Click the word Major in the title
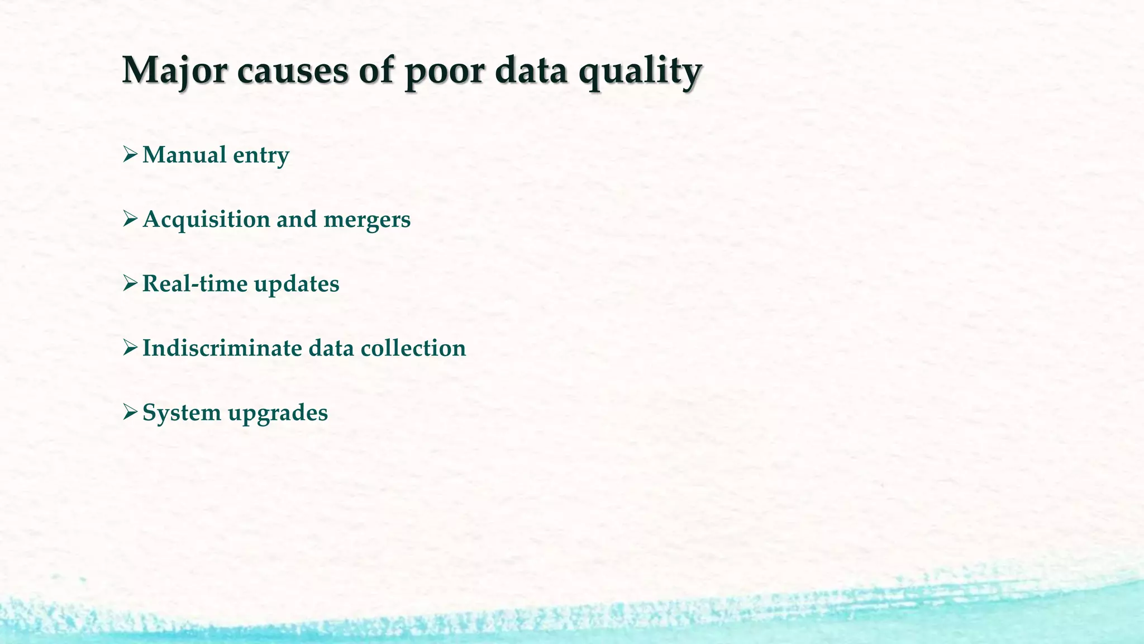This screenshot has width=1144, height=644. pyautogui.click(x=174, y=71)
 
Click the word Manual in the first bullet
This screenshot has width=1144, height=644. pyautogui.click(x=184, y=155)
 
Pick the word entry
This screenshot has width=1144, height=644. pyautogui.click(x=261, y=155)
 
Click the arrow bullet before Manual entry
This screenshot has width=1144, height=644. pyautogui.click(x=130, y=154)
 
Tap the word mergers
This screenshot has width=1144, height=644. pyautogui.click(x=367, y=219)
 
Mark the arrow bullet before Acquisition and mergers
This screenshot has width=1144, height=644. pyautogui.click(x=130, y=219)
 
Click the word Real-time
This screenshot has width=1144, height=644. pyautogui.click(x=195, y=283)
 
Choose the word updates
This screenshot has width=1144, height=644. pyautogui.click(x=297, y=283)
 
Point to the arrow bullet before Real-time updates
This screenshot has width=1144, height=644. pyautogui.click(x=130, y=283)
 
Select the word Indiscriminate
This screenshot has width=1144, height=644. pyautogui.click(x=222, y=348)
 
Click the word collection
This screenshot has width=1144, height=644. pyautogui.click(x=413, y=348)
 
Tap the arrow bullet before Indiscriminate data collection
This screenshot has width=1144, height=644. pyautogui.click(x=130, y=348)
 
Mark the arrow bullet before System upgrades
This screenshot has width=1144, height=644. pyautogui.click(x=130, y=412)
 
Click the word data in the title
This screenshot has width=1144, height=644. pyautogui.click(x=531, y=71)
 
